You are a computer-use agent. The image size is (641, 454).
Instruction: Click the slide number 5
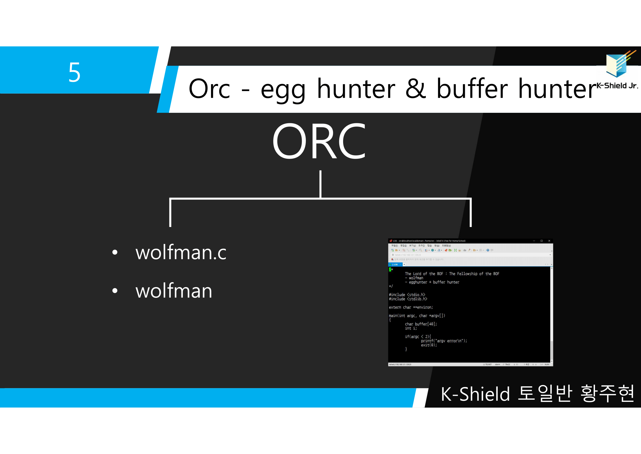pos(75,72)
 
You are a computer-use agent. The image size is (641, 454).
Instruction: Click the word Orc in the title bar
pos(209,89)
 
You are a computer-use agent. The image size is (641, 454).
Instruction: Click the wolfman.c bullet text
pos(181,253)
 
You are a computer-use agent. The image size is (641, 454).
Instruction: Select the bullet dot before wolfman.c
pos(115,253)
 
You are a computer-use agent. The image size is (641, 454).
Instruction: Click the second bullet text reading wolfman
pos(174,291)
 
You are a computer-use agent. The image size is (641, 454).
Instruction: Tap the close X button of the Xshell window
pos(549,241)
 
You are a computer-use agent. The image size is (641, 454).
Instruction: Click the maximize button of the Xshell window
pos(542,241)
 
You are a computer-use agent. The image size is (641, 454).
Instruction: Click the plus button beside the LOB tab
pos(404,264)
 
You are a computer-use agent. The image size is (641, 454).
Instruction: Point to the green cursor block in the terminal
pos(390,270)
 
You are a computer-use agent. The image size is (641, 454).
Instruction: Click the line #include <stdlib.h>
pos(408,299)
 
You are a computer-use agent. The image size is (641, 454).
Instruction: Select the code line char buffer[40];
pos(421,324)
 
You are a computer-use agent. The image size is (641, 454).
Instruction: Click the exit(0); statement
pos(429,345)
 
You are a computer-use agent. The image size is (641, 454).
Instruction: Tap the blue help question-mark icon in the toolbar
pos(488,250)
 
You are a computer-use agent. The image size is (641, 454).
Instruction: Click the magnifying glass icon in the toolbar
pos(421,250)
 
